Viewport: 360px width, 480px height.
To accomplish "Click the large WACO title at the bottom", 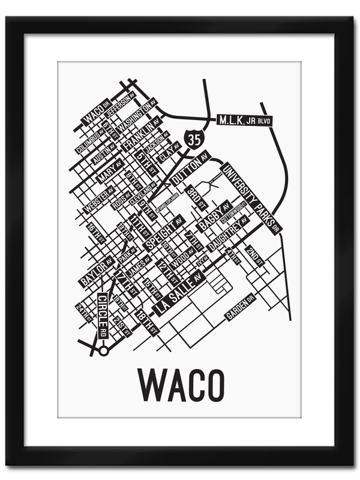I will pyautogui.click(x=181, y=384).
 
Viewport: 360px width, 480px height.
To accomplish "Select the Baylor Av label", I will pyautogui.click(x=96, y=272).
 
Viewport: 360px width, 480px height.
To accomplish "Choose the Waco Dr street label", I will pyautogui.click(x=95, y=111).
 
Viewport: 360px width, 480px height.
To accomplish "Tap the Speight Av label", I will pyautogui.click(x=162, y=235).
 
